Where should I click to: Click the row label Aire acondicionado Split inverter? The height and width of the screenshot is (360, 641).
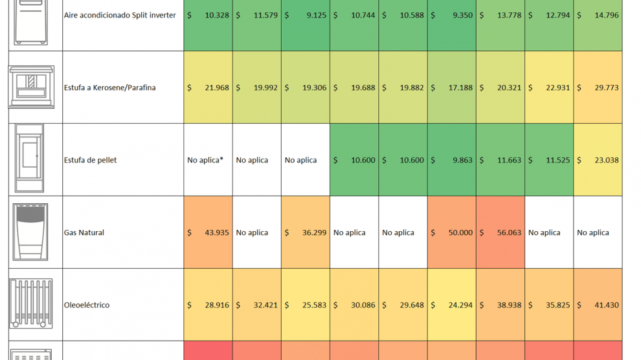pos(120,15)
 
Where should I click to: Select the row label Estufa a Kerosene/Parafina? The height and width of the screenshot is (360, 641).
pos(110,87)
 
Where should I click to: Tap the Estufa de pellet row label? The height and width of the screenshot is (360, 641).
pos(91,160)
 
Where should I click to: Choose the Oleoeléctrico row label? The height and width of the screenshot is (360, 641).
pos(87,305)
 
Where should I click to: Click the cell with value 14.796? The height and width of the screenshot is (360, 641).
pos(598,15)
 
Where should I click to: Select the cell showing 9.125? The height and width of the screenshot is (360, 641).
pos(306,15)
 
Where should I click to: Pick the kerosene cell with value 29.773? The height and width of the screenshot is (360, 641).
pos(598,87)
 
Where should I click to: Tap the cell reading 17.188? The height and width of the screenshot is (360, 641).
pos(451,87)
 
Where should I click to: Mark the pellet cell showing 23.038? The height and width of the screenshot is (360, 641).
pos(598,160)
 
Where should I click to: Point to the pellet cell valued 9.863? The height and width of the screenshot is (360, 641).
pos(451,160)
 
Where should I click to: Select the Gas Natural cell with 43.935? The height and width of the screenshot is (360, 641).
pos(208,232)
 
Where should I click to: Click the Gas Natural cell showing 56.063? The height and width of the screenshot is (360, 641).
pos(500,232)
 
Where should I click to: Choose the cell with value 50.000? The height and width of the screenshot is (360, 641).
pos(451,232)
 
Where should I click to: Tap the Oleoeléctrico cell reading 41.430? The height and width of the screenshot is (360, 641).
pos(598,305)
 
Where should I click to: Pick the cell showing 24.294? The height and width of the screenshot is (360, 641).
pos(451,305)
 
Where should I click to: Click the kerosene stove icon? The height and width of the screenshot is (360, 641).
pos(31,87)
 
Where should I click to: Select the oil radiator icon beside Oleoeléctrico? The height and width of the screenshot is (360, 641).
pos(31,304)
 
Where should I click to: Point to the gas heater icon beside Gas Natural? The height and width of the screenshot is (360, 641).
pos(31,232)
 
